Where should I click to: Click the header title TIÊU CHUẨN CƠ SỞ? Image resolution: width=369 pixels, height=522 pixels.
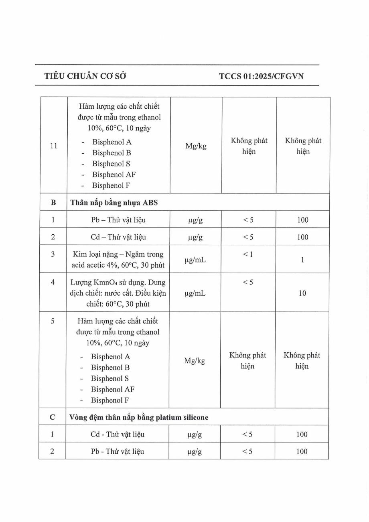85,76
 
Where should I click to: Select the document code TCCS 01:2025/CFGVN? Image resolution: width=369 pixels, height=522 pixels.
261,76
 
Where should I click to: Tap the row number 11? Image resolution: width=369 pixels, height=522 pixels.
53,146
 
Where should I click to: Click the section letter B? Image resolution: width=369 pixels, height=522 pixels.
53,203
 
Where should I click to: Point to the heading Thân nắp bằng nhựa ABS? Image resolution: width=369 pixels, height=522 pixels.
114,203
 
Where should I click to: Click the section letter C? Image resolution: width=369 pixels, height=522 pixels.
53,417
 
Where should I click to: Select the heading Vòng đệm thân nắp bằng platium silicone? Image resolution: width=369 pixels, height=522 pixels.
139,417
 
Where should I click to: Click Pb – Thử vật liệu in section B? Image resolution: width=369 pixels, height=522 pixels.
118,220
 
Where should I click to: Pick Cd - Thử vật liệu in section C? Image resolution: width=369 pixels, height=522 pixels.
118,435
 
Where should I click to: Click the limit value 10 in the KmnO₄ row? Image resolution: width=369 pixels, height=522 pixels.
302,293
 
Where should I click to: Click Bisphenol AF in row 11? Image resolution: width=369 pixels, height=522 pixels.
114,175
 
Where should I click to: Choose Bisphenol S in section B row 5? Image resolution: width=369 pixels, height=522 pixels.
110,378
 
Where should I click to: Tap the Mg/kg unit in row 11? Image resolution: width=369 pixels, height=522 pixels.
196,146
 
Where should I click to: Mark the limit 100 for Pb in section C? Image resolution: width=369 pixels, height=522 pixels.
302,452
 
